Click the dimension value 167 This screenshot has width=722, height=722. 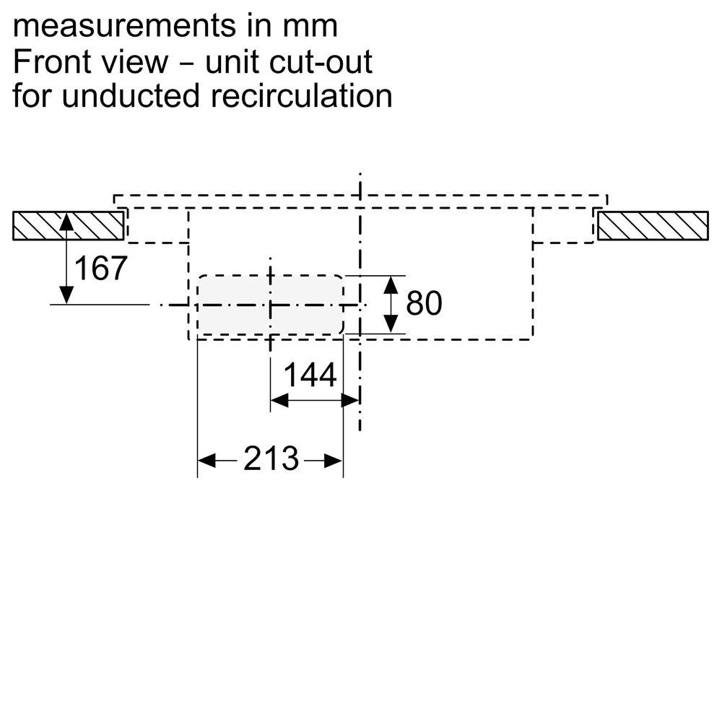tap(100, 269)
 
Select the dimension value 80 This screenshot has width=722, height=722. tap(424, 304)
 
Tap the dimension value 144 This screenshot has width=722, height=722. tap(310, 375)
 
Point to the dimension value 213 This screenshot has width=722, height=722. tap(271, 458)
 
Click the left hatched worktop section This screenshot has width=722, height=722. tap(67, 225)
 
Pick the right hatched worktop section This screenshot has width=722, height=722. tap(653, 225)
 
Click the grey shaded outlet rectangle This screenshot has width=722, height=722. tap(270, 305)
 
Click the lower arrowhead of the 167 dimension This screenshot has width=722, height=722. tap(66, 295)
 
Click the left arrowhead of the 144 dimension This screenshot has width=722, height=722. tap(279, 399)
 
